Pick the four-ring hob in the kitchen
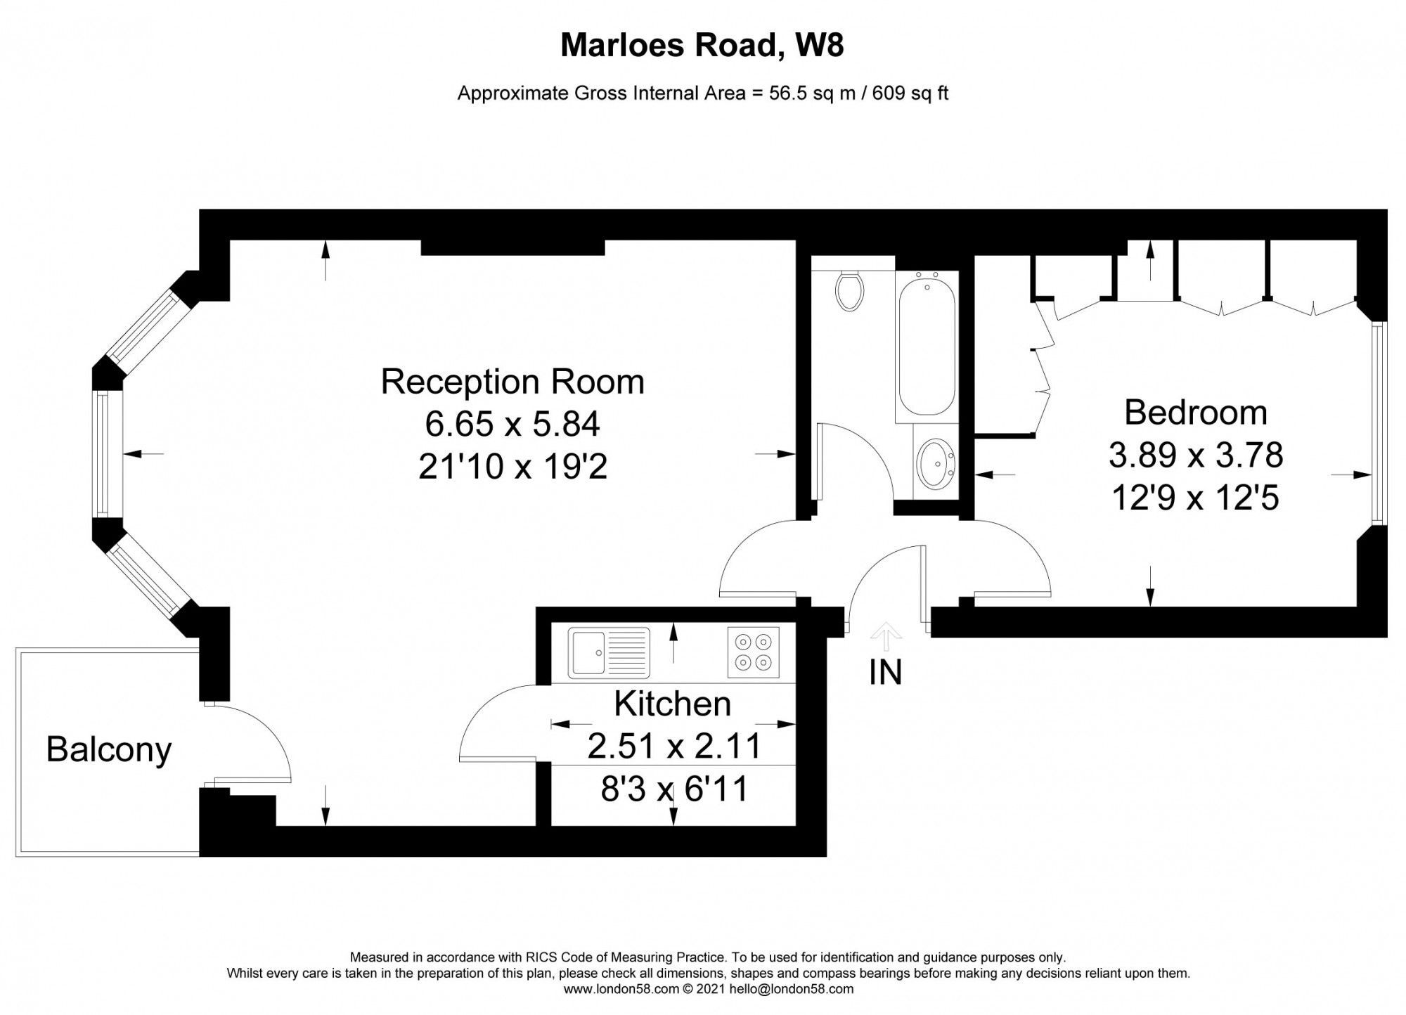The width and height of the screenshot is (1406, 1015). click(753, 652)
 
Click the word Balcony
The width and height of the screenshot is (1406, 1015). click(109, 749)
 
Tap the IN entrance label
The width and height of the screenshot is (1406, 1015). click(885, 673)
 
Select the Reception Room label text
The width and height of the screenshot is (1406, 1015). click(512, 382)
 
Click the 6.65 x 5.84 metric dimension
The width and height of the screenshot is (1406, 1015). click(512, 424)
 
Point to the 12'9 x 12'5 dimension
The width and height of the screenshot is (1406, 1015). click(1195, 498)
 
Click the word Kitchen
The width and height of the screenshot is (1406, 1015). click(672, 704)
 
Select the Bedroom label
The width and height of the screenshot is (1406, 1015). click(1195, 412)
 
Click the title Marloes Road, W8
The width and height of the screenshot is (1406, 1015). click(702, 46)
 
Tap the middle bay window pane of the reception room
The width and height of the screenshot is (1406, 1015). click(104, 453)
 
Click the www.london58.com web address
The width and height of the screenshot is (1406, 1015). click(621, 989)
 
